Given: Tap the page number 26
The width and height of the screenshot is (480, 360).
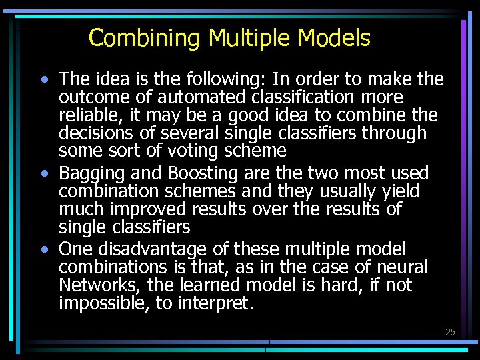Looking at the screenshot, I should tap(450, 332).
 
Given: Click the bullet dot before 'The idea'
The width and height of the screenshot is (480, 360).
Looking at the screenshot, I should tap(44, 80).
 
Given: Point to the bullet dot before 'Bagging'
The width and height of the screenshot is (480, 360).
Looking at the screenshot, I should tap(44, 174).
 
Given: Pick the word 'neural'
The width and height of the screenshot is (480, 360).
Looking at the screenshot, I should tap(399, 267).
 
